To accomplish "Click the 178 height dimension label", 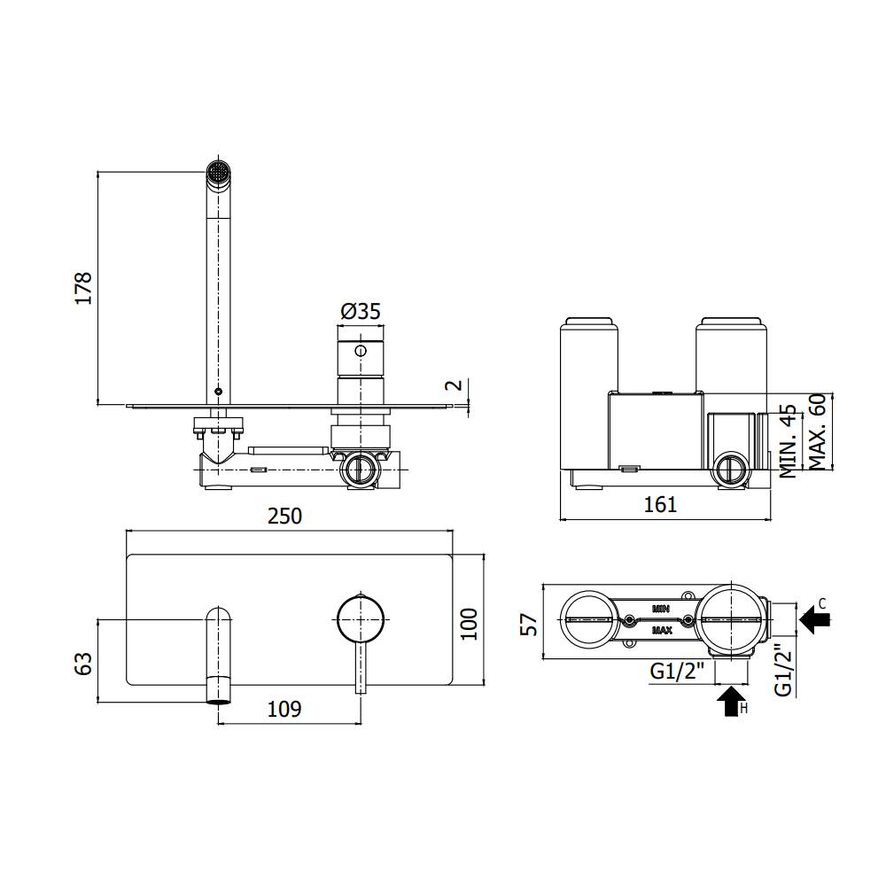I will [83, 289].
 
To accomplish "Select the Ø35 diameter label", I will [360, 311].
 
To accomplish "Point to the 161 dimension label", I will [659, 505].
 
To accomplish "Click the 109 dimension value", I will [284, 709].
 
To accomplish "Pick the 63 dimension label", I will [83, 664].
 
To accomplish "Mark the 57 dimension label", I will [529, 625].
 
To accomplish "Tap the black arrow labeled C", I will [815, 618].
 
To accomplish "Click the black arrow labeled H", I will [730, 703].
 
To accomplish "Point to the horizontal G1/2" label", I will [677, 672].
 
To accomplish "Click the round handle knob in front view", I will [360, 616].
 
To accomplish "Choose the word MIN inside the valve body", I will [660, 609].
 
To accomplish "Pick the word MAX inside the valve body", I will [661, 631].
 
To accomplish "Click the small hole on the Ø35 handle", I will [360, 351].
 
